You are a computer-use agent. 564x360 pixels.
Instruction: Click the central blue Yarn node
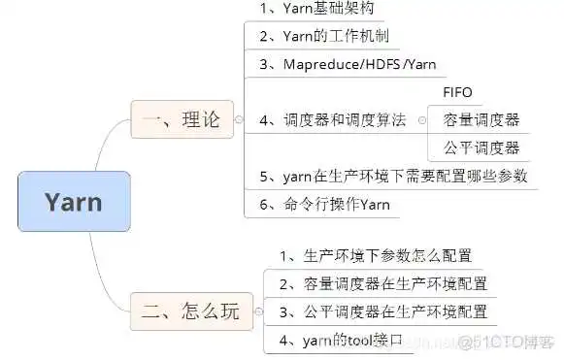(74, 202)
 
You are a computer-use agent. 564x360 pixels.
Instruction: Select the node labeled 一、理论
(182, 120)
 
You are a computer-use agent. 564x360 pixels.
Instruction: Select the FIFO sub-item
(457, 93)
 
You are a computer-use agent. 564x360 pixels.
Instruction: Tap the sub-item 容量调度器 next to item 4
(481, 120)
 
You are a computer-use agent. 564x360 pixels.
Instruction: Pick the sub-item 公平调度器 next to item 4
(481, 147)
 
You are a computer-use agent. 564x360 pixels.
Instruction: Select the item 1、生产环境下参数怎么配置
(375, 256)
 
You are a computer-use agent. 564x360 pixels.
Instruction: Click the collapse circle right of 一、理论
(239, 120)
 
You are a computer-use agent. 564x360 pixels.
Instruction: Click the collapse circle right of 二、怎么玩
(259, 311)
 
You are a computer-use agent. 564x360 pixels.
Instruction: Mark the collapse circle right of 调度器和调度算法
(422, 120)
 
